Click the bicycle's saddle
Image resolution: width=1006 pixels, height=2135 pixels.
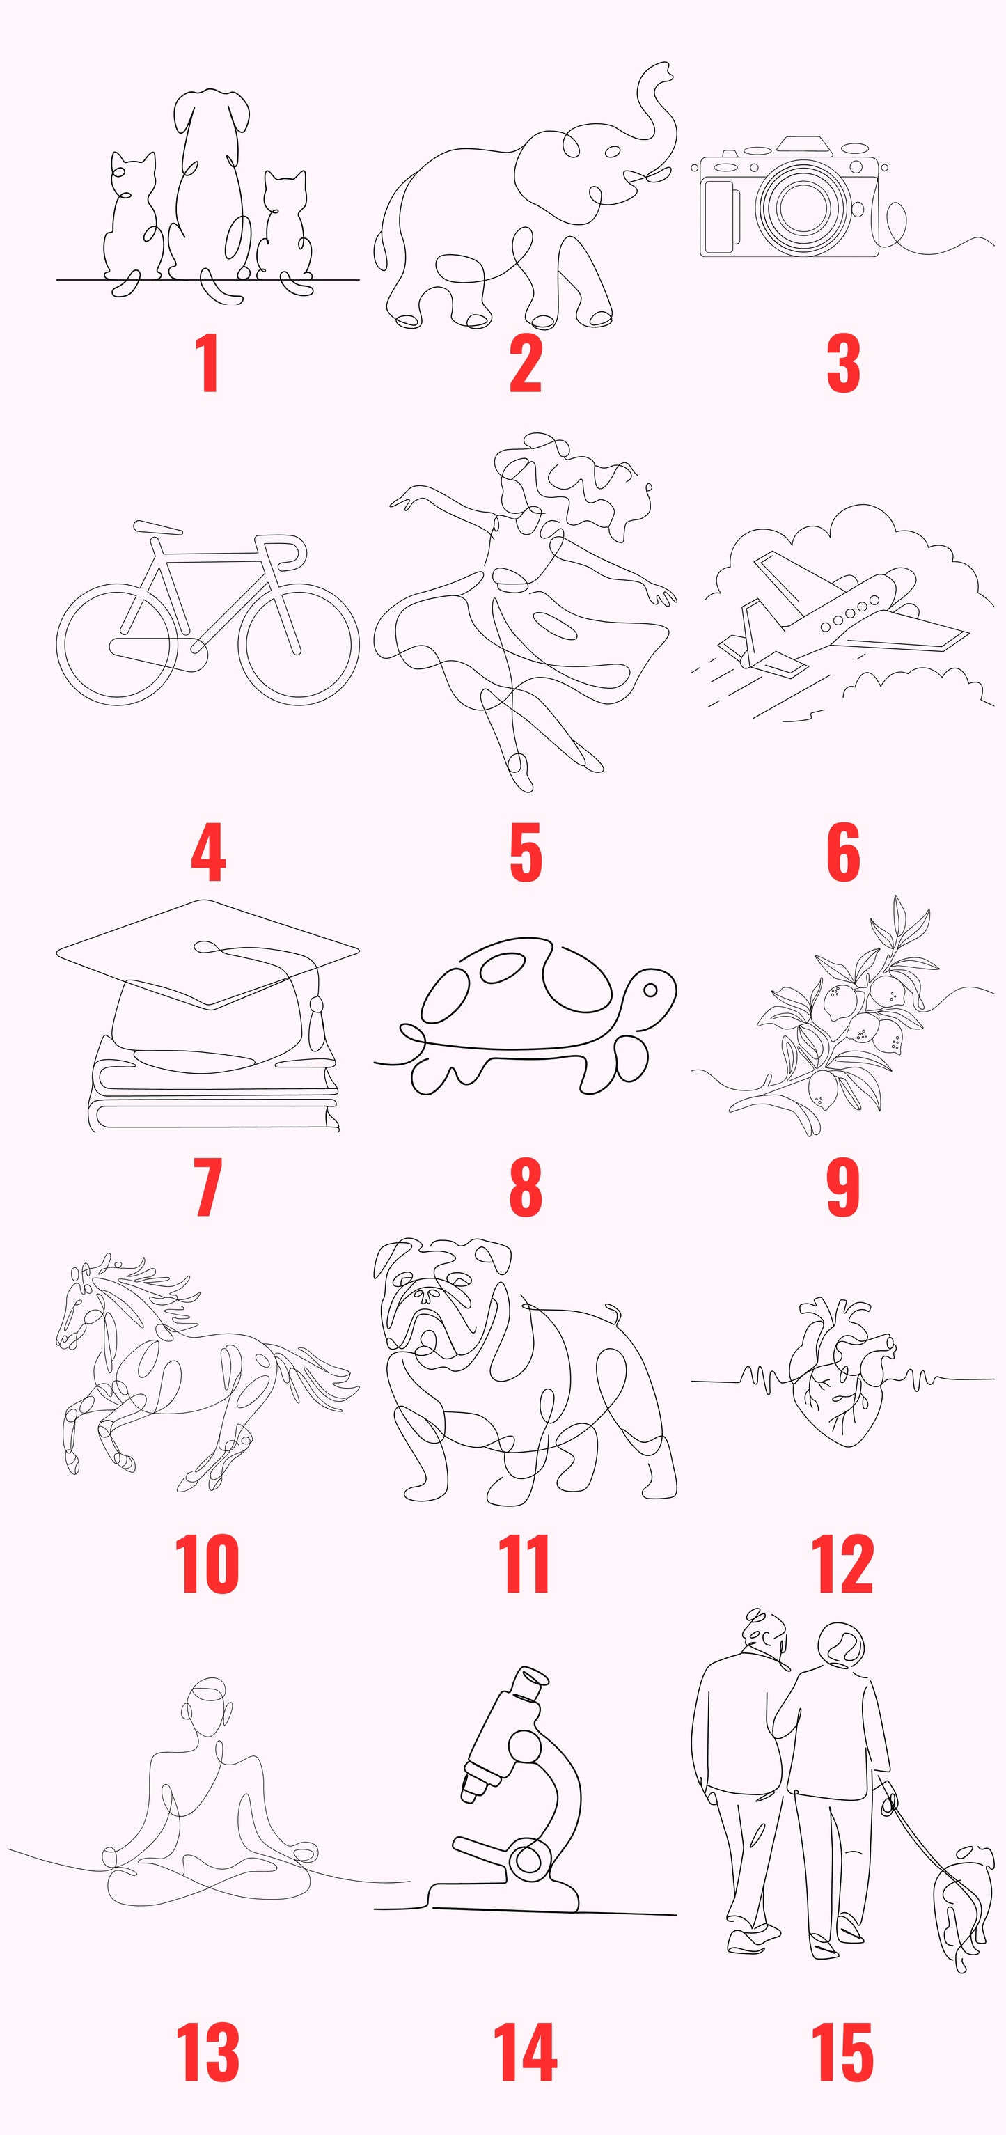157,527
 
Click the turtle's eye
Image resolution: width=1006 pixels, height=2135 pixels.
650,990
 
